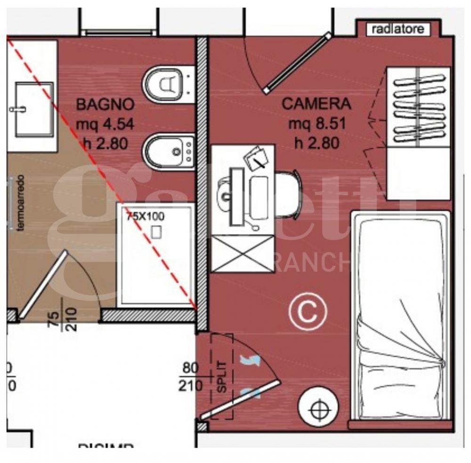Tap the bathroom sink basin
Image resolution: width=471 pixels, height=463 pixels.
point(33,109)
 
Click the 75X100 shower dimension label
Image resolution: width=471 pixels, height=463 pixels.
point(145,216)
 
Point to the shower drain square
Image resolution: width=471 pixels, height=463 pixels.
point(156,231)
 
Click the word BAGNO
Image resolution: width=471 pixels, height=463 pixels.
point(106,104)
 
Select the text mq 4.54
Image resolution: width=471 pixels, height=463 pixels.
point(106,124)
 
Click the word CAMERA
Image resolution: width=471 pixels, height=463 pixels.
point(317,104)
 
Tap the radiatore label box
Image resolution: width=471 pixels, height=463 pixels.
point(398,30)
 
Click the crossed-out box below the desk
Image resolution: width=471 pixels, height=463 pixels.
point(243,254)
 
